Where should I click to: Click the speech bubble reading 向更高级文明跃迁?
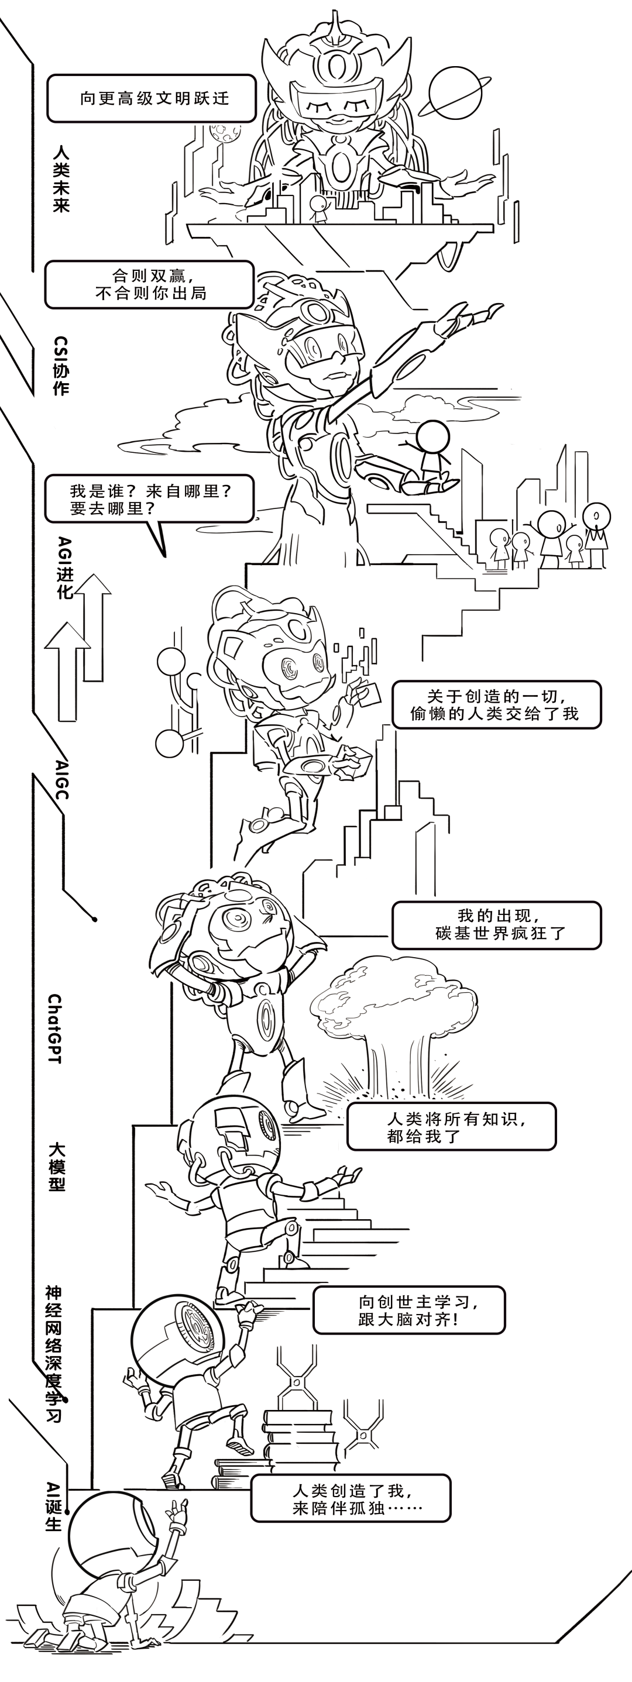coord(151,99)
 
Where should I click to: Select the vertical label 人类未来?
coord(61,178)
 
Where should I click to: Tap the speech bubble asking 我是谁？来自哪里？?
coord(149,499)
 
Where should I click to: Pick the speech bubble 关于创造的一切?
coord(496,704)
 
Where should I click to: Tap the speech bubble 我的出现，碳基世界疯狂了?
coord(496,924)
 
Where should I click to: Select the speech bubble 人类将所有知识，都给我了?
coord(451,1127)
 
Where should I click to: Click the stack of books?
coord(300,1440)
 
